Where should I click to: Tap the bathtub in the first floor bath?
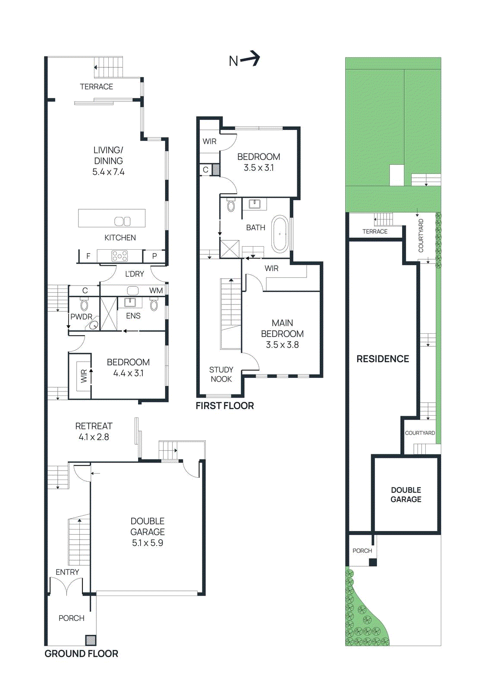280,234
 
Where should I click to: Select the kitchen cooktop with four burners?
119,256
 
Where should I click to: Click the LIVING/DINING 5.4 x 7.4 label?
108,161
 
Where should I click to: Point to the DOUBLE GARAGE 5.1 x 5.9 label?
148,532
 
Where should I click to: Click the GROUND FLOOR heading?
81,653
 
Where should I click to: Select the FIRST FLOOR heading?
224,405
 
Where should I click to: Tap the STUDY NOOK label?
221,374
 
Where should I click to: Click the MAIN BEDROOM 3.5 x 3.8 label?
282,334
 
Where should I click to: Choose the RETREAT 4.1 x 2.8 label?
94,431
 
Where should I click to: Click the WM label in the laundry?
156,291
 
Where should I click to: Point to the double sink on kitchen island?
122,221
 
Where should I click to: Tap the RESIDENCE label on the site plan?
382,359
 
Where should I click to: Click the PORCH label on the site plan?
362,551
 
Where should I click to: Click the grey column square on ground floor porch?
91,640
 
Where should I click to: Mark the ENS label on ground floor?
133,316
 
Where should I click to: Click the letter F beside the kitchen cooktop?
88,256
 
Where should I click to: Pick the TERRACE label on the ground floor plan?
96,87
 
